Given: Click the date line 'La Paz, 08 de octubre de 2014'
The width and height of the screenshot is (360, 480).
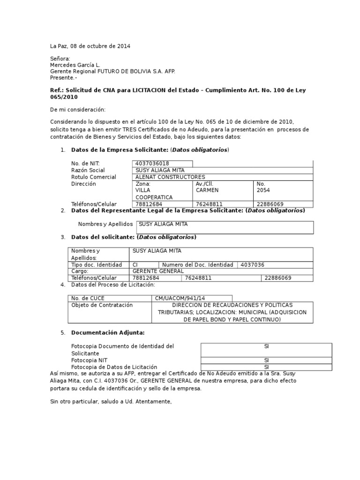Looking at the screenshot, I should click(90, 46).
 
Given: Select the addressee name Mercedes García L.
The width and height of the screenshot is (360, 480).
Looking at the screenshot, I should click(75, 65).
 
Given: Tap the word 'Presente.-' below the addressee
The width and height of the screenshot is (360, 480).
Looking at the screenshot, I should click(62, 78).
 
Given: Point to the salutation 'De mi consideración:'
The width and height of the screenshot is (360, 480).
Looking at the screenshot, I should click(78, 109).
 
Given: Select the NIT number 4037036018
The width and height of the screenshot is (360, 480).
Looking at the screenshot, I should click(152, 163).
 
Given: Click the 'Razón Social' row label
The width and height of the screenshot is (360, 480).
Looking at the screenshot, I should click(88, 170).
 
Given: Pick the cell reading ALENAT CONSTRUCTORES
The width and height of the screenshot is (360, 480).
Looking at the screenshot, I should click(170, 177).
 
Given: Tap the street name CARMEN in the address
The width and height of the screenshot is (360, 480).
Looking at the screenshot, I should click(207, 190).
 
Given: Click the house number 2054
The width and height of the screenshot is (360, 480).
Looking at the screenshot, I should click(263, 190).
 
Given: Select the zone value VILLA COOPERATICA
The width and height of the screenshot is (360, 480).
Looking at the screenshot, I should click(154, 194).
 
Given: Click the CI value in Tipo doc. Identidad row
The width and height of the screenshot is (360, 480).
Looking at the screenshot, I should click(135, 265).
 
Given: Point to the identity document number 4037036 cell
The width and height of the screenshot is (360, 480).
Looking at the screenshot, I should click(252, 265).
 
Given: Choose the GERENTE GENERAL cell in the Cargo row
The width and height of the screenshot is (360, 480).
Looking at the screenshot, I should click(158, 271).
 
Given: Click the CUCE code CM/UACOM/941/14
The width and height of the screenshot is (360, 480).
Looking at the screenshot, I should click(179, 298).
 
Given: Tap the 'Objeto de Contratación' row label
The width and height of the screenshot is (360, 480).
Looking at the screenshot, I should click(102, 305).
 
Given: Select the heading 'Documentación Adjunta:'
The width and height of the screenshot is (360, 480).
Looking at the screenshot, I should click(107, 333).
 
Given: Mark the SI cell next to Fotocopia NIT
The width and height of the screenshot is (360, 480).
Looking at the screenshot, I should click(266, 360).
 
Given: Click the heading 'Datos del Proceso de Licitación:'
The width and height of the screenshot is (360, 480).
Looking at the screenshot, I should click(112, 285).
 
